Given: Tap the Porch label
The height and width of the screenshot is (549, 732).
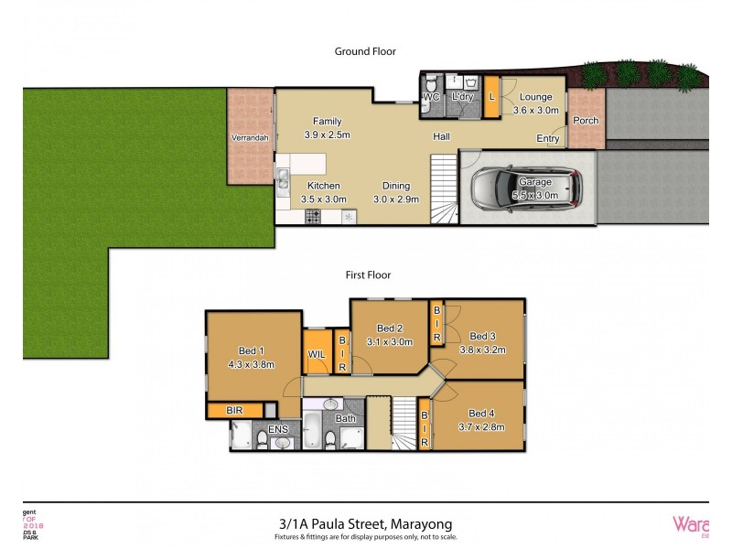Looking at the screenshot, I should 586,121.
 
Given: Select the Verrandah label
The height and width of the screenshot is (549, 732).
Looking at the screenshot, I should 249,137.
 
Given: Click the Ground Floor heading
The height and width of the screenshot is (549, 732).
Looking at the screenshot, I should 365,52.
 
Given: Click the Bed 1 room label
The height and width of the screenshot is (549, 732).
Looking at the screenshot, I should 252,350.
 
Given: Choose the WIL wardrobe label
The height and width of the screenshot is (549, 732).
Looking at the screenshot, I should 317,353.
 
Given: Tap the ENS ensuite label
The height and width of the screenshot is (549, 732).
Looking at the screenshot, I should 277,428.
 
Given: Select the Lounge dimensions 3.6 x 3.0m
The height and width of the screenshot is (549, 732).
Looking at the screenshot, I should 535,111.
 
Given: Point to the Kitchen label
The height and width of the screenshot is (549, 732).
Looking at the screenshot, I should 323,184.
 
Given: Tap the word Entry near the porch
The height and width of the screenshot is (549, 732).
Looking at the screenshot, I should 548,138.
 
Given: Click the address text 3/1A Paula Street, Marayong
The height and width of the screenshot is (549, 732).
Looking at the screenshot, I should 366,523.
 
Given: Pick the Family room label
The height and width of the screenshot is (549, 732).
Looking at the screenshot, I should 327,121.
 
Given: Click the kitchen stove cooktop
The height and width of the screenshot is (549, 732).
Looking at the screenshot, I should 312,217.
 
